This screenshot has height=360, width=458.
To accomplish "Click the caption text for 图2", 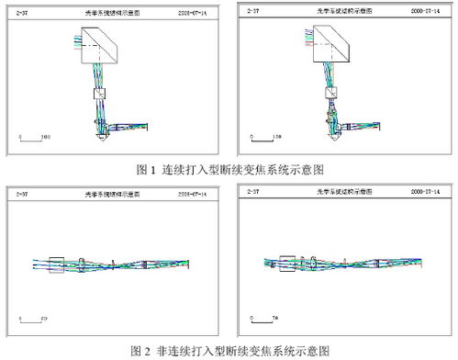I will point(229,350).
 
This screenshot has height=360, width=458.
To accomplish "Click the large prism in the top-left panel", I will point(101,44).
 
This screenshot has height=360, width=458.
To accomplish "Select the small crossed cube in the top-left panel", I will point(101,93).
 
